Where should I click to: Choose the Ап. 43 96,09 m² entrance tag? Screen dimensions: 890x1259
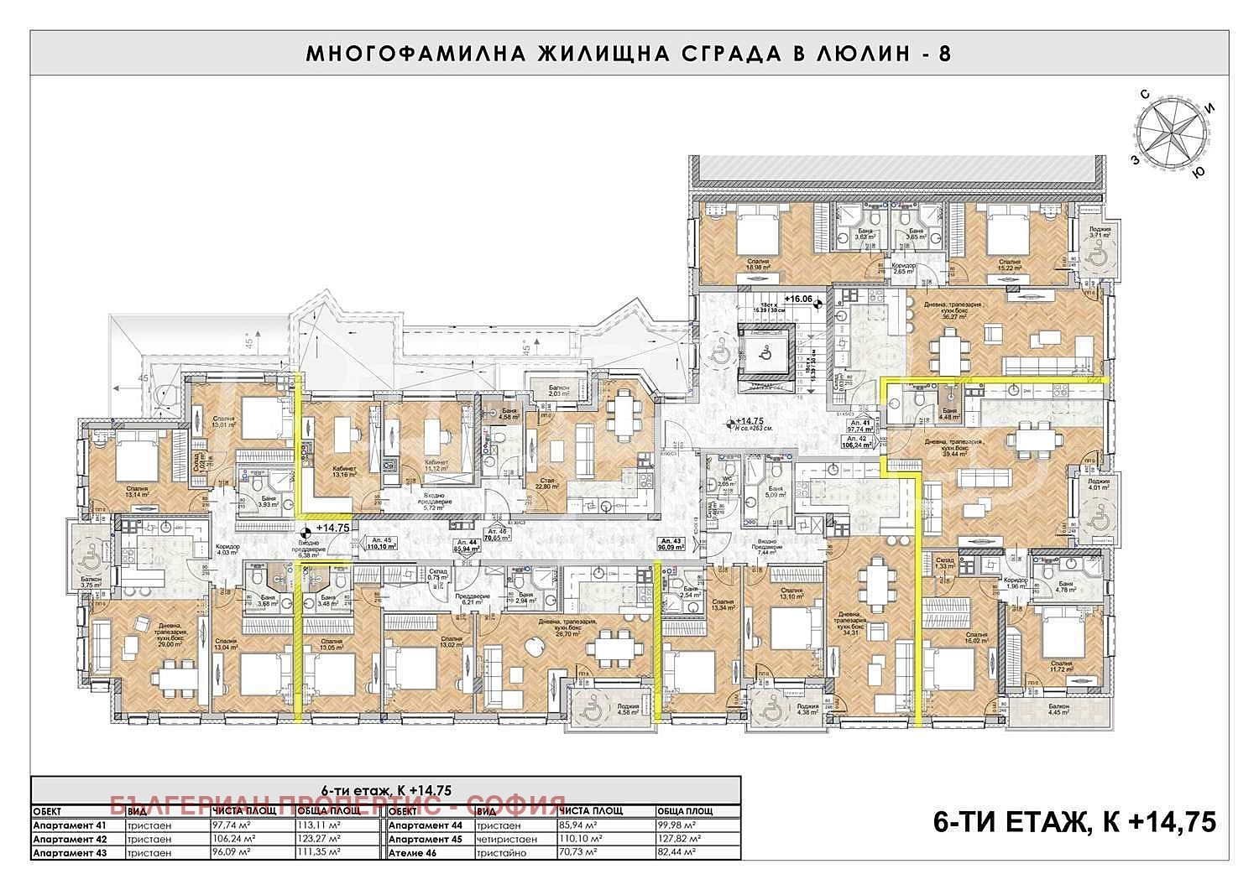672,544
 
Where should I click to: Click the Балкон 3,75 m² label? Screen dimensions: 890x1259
91,583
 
